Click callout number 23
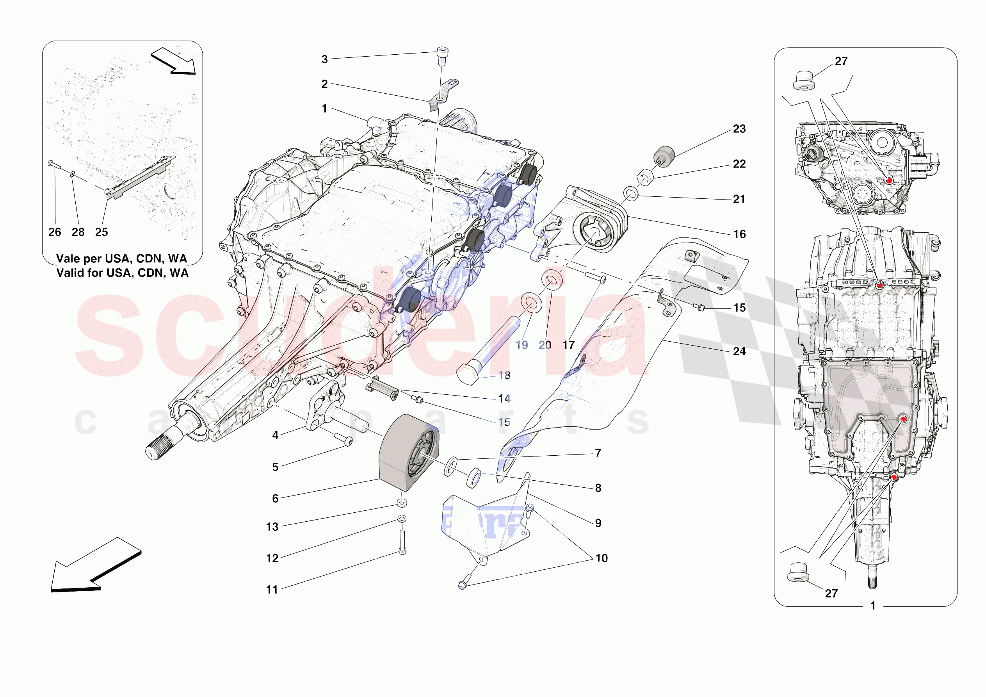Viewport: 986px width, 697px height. click(739, 129)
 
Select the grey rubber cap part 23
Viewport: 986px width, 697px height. click(664, 155)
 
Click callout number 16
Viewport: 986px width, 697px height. click(739, 234)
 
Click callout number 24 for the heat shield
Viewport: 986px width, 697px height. click(739, 351)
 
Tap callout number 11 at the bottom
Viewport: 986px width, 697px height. click(272, 590)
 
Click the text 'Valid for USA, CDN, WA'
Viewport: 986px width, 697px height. click(123, 273)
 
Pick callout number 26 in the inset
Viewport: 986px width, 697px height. click(55, 232)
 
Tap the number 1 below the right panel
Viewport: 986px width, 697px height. click(873, 606)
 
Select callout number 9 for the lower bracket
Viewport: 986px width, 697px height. click(598, 523)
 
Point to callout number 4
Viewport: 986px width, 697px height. click(275, 435)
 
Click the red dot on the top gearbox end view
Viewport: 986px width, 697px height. click(889, 180)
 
